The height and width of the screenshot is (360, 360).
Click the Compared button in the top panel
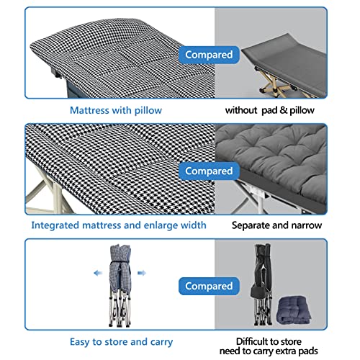pyautogui.click(x=209, y=54)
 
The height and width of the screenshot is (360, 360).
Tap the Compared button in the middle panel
pyautogui.click(x=209, y=171)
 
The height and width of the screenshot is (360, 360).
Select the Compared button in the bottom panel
pyautogui.click(x=209, y=287)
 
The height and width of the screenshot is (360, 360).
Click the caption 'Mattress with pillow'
pyautogui.click(x=116, y=110)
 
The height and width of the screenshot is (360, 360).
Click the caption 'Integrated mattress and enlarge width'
pyautogui.click(x=118, y=225)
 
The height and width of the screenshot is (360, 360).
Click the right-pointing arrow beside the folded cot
pyautogui.click(x=141, y=274)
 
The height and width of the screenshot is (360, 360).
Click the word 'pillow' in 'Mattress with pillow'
pyautogui.click(x=146, y=110)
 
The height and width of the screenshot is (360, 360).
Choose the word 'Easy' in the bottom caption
pyautogui.click(x=81, y=341)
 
